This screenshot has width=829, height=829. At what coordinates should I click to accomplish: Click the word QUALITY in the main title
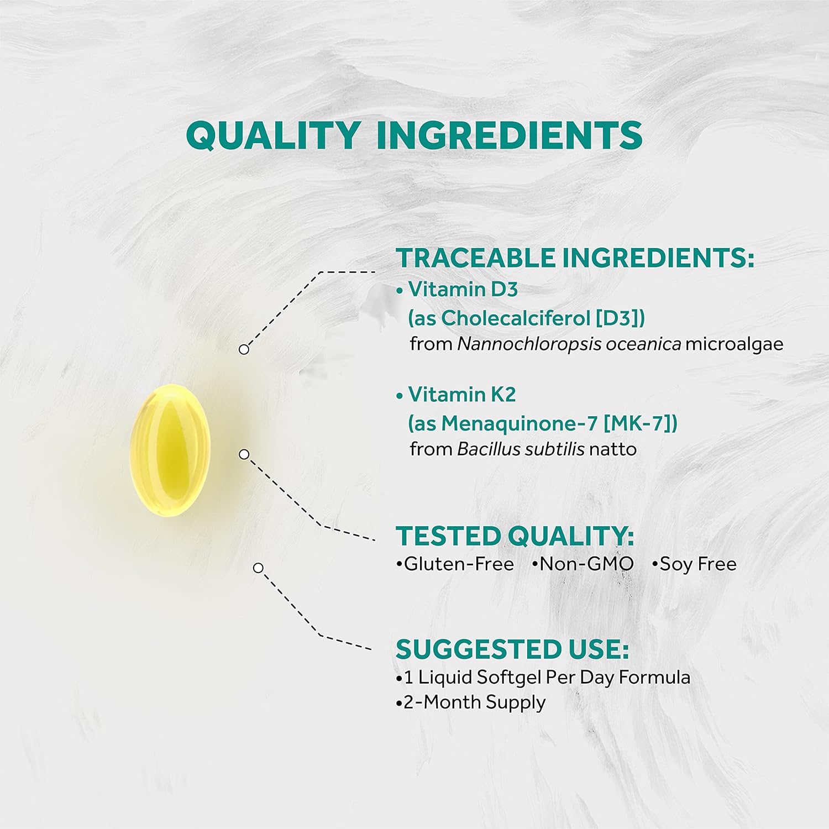pos(273,135)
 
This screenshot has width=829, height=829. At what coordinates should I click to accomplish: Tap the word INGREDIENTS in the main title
pos(509,135)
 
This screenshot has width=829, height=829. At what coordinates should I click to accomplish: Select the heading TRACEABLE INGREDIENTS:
pos(575,258)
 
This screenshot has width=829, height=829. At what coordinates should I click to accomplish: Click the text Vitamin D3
pos(463,289)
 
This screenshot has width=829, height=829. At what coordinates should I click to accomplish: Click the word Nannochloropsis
pos(529,344)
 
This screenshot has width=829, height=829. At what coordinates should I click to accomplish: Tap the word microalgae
pos(734,344)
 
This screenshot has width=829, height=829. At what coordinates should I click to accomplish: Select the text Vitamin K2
pos(462,395)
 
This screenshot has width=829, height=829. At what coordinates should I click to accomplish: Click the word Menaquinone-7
pos(520,423)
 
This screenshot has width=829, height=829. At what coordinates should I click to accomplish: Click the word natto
pos(613,449)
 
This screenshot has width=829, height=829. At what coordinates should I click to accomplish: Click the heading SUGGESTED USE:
pos(512,649)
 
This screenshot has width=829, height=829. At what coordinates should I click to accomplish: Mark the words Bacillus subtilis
pos(521,449)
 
